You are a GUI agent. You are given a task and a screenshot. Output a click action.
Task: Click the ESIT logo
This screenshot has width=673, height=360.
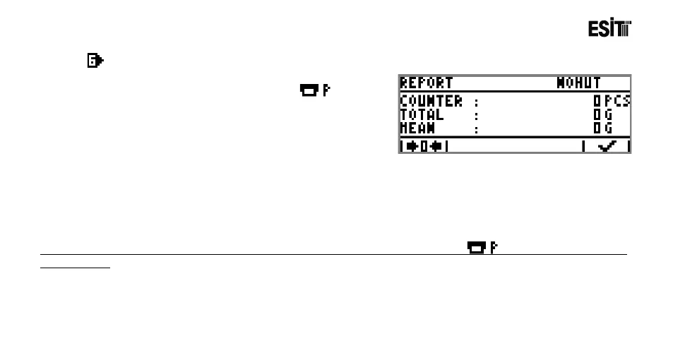point(609,29)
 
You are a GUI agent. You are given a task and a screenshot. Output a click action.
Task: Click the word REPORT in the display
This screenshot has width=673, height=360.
point(427,83)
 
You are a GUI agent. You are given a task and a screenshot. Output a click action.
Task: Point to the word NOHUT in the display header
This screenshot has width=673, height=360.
point(578,83)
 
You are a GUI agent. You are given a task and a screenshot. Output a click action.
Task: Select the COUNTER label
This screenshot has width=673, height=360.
point(431,101)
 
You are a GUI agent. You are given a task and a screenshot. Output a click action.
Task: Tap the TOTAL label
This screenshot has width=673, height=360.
point(422,114)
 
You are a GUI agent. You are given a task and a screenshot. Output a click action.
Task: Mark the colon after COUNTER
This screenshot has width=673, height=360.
point(477,102)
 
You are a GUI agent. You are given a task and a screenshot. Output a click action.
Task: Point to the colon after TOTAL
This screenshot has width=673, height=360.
point(477,115)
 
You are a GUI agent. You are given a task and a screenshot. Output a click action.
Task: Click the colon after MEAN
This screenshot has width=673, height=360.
point(477,128)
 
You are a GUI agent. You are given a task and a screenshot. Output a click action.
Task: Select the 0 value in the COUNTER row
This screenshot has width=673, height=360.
point(597,101)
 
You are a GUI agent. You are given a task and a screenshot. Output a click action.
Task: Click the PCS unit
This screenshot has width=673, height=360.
point(617,101)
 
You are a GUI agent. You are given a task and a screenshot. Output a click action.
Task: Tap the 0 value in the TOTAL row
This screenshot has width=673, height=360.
point(597,114)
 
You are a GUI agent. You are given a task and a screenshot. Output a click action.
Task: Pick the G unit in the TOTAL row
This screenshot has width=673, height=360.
point(607,114)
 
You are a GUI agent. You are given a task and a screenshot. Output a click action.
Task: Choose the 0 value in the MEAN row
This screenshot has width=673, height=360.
point(597,128)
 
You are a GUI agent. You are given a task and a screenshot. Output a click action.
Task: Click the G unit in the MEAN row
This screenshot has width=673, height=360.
point(607,128)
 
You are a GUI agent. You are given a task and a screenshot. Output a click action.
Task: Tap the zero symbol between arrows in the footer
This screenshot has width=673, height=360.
point(424,146)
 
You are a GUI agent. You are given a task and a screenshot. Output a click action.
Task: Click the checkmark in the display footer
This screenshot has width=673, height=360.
point(606,146)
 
